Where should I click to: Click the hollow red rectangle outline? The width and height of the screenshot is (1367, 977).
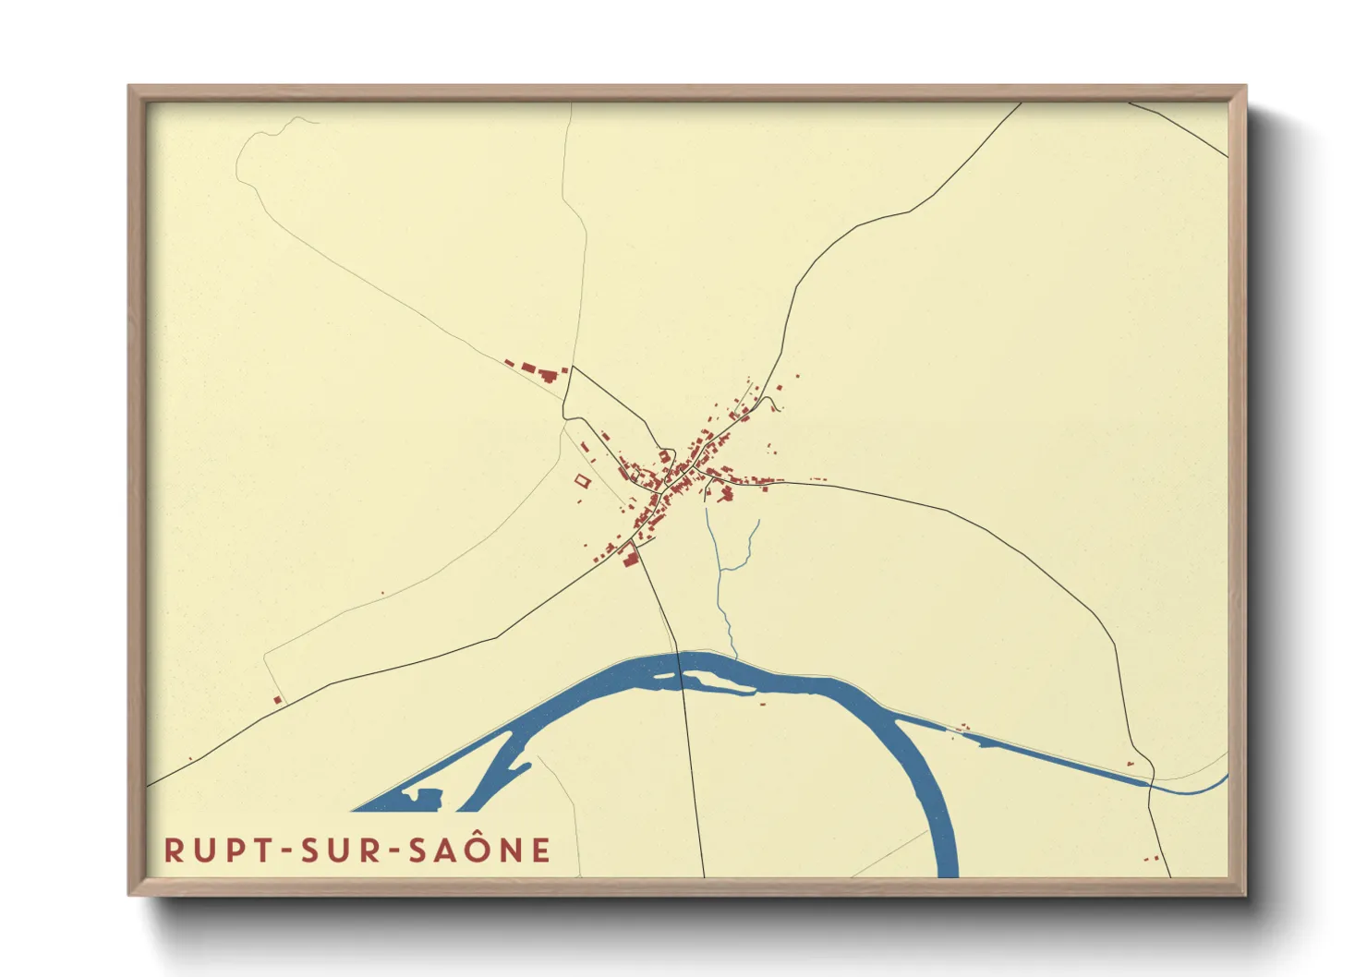coord(582,480)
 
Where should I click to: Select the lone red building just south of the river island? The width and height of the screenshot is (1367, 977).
coord(763,704)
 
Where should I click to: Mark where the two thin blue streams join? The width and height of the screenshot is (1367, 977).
coord(720,570)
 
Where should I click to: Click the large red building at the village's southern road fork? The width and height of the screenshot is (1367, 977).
coord(630,558)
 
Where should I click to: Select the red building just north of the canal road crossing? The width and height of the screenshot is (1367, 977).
coord(1131,764)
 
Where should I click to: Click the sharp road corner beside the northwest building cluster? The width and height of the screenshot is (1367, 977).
coord(573,367)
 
